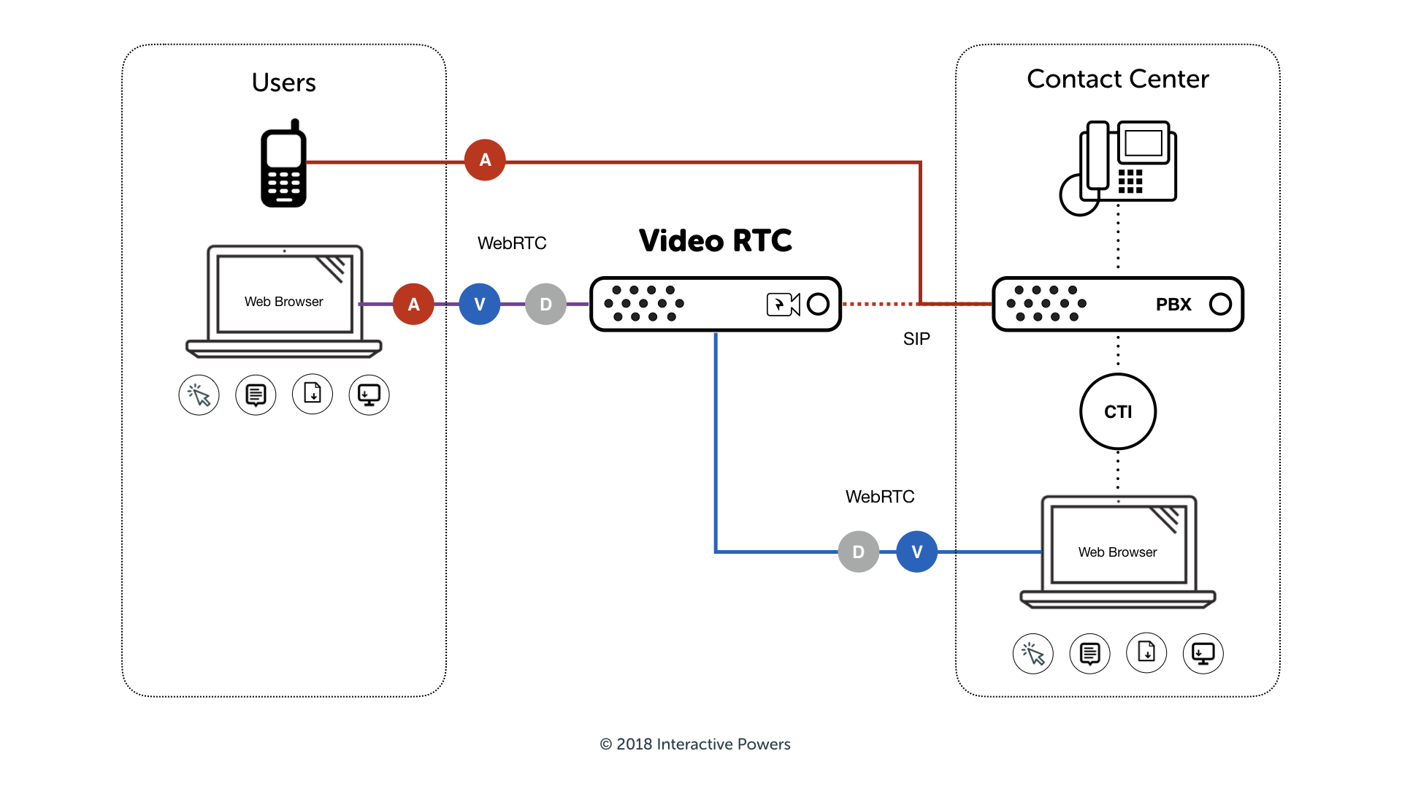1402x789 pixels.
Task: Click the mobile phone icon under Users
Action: (283, 164)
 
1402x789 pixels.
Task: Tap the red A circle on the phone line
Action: (485, 160)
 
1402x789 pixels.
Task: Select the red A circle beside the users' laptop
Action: (413, 304)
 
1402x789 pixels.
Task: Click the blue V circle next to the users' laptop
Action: (480, 304)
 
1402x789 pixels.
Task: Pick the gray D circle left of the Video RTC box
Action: (545, 304)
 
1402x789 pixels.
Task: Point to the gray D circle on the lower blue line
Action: (858, 552)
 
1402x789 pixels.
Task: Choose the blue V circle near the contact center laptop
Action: (917, 552)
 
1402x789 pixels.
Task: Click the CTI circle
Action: (1118, 411)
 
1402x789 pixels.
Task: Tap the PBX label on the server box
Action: (1173, 305)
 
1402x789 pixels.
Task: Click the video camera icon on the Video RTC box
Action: (783, 304)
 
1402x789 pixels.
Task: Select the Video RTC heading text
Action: (715, 240)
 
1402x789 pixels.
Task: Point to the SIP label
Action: (916, 339)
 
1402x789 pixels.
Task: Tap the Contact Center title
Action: (1117, 79)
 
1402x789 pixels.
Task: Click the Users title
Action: (283, 83)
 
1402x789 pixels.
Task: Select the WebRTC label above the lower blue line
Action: (880, 497)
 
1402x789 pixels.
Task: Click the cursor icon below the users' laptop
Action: (199, 395)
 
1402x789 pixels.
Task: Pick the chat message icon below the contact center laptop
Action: (1089, 653)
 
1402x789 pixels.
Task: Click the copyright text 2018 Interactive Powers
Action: (695, 744)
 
